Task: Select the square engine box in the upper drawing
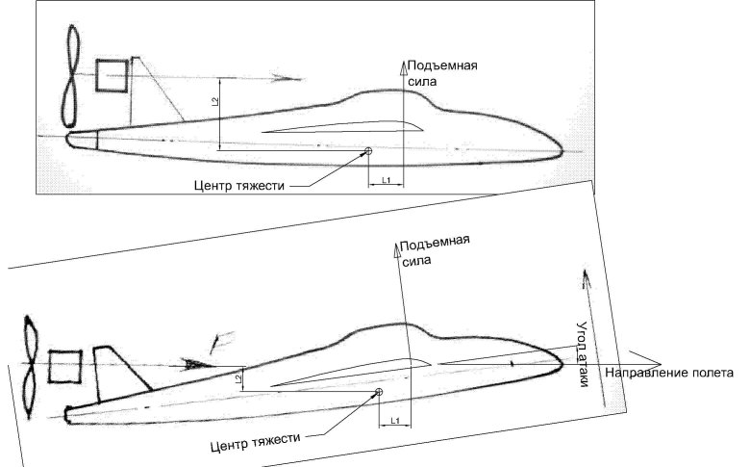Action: pos(112,75)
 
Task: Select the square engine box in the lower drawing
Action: pos(65,367)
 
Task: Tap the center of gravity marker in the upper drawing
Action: pos(368,151)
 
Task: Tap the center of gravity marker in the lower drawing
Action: pos(379,392)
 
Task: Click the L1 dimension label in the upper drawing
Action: pos(386,180)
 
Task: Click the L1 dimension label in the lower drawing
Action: pos(395,421)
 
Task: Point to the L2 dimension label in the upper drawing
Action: pos(214,101)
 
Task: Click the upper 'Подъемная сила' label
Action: pos(442,73)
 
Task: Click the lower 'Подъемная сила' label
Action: pos(435,250)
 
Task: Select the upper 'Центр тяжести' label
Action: pos(239,185)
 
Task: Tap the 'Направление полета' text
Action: pos(669,373)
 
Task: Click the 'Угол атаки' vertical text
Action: pos(582,353)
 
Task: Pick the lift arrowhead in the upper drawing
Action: pos(403,68)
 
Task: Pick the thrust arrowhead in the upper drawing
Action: pos(286,78)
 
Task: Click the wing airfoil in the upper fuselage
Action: pos(341,127)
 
